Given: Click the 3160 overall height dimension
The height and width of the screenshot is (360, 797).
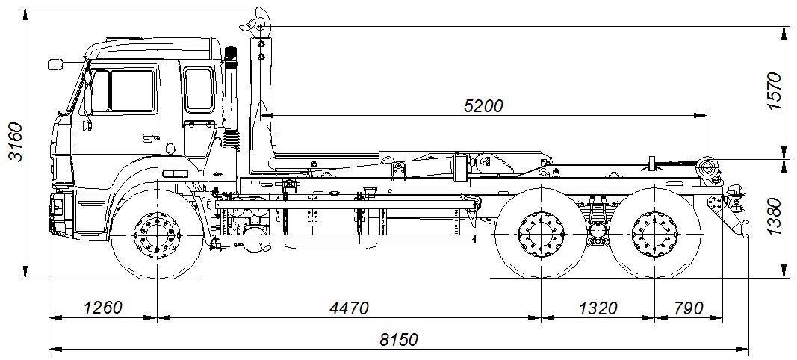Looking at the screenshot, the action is [x=16, y=142].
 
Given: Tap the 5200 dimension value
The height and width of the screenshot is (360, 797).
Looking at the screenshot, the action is [x=483, y=106].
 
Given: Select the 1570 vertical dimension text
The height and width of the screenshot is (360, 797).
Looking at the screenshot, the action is [x=773, y=92].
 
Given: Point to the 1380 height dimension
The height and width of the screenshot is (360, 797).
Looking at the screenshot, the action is [x=773, y=217].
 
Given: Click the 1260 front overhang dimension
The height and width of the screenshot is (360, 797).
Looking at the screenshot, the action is [x=103, y=308].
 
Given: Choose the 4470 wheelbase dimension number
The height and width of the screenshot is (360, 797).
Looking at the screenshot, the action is [x=349, y=308].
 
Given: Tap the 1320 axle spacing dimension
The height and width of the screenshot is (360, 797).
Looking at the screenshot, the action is [x=598, y=308].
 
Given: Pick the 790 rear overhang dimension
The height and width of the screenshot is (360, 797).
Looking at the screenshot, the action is [x=689, y=308].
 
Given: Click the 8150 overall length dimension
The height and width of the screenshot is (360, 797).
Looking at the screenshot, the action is [x=399, y=339].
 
